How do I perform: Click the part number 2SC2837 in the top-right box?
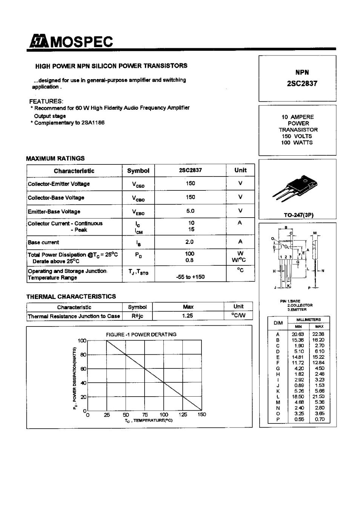[297, 83]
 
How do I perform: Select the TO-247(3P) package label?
[298, 215]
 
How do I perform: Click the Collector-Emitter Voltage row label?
[59, 184]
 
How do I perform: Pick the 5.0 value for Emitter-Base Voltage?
[190, 211]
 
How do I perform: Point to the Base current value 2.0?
[189, 242]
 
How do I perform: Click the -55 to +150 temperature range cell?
[190, 277]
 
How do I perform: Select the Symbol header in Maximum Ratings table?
[138, 171]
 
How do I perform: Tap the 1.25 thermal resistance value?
[188, 316]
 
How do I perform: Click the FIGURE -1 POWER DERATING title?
[141, 334]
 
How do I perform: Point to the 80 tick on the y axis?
[83, 355]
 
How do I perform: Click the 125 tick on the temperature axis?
[183, 415]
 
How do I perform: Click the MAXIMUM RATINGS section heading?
[55, 158]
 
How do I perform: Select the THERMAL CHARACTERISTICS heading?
[71, 296]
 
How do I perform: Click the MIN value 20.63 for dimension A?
[298, 334]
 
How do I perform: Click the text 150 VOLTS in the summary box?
[297, 136]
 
